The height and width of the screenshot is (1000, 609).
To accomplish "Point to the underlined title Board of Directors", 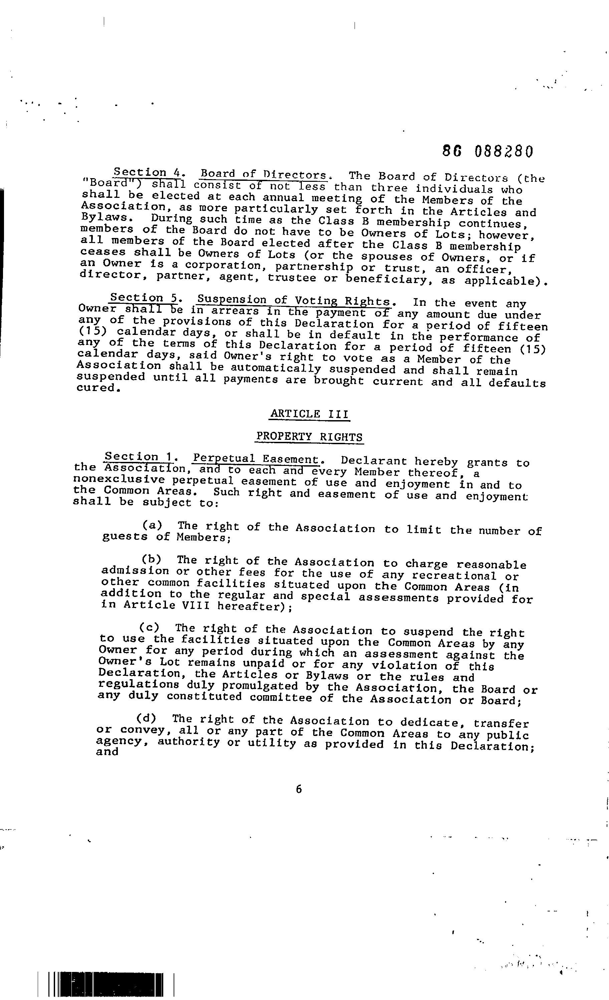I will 263,174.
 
